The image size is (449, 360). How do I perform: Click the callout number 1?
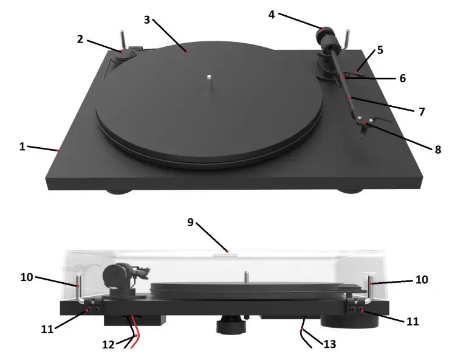pos(22,147)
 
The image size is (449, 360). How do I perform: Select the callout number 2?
pos(80,39)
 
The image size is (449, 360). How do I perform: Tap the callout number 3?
pos(147,19)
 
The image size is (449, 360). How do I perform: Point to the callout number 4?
pos(272,14)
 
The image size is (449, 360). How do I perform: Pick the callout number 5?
pos(380,50)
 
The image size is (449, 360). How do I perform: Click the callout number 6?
pos(402,78)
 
